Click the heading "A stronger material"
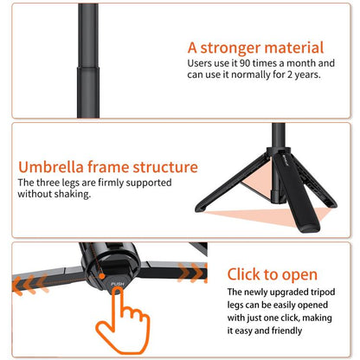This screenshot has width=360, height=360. (x=255, y=48)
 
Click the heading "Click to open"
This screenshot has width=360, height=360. (x=273, y=274)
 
